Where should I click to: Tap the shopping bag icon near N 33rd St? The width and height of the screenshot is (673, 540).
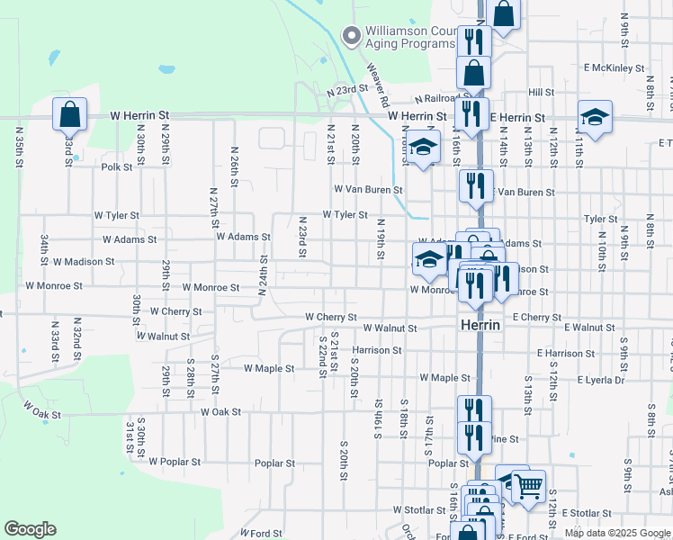[69, 115]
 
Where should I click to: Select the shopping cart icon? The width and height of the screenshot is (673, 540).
[527, 487]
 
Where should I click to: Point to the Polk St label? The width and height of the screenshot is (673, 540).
[117, 166]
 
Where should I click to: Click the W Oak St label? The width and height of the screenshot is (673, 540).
[41, 415]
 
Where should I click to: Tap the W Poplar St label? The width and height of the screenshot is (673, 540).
[175, 462]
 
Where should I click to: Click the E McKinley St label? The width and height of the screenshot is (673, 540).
[614, 67]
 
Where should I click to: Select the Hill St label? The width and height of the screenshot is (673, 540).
[541, 92]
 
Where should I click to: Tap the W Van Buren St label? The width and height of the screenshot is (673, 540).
[367, 190]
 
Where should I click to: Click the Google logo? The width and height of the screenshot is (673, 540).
[31, 529]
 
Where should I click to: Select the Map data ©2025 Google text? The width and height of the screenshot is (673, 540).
[616, 533]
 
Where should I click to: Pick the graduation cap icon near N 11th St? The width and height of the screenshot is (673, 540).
[594, 116]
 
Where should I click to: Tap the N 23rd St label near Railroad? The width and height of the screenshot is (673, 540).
[348, 90]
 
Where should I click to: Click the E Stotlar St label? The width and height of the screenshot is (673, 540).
[586, 513]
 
